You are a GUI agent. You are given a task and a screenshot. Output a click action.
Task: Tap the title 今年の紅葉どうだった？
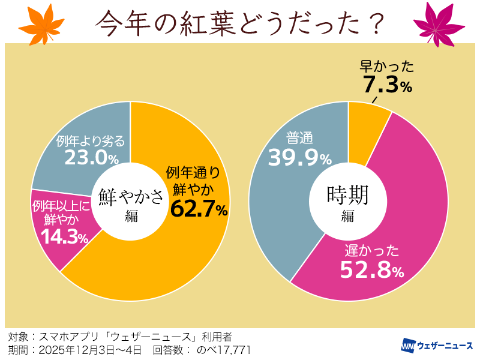click(x=240, y=22)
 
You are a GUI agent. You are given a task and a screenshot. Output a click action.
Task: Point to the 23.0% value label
click(x=91, y=157)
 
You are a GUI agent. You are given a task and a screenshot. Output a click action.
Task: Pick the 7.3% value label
click(x=387, y=85)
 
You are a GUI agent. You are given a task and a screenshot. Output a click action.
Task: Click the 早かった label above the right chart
click(x=387, y=65)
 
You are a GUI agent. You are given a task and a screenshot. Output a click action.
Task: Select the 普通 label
click(x=300, y=139)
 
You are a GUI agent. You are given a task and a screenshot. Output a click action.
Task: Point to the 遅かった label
click(x=372, y=250)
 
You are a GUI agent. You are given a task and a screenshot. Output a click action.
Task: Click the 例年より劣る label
click(x=91, y=141)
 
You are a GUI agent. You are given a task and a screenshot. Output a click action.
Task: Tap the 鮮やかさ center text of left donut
click(x=131, y=196)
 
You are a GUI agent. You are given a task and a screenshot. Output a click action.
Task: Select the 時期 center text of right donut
click(x=348, y=194)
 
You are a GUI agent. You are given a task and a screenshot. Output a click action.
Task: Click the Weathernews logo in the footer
click(x=436, y=346)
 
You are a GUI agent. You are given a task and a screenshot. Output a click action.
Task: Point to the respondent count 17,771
click(x=231, y=350)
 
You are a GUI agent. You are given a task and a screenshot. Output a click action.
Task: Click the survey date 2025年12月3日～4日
click(x=91, y=350)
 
